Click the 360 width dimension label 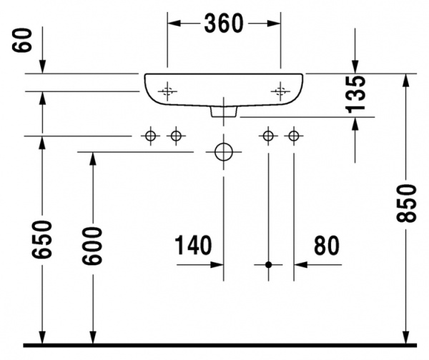coord(223,24)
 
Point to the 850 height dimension coord(406,204)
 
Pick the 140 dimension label coord(194,246)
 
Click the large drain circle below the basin coord(224,152)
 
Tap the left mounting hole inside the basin coord(167,91)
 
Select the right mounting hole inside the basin coord(280,91)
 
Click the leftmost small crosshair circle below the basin coord(150,136)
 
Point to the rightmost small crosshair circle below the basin coord(293,136)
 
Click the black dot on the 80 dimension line coord(269,264)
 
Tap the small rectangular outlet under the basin coord(224,111)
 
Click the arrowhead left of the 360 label coord(173,24)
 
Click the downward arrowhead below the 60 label coord(42,67)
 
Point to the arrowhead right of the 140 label coord(217,264)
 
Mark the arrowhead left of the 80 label coord(300,264)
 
